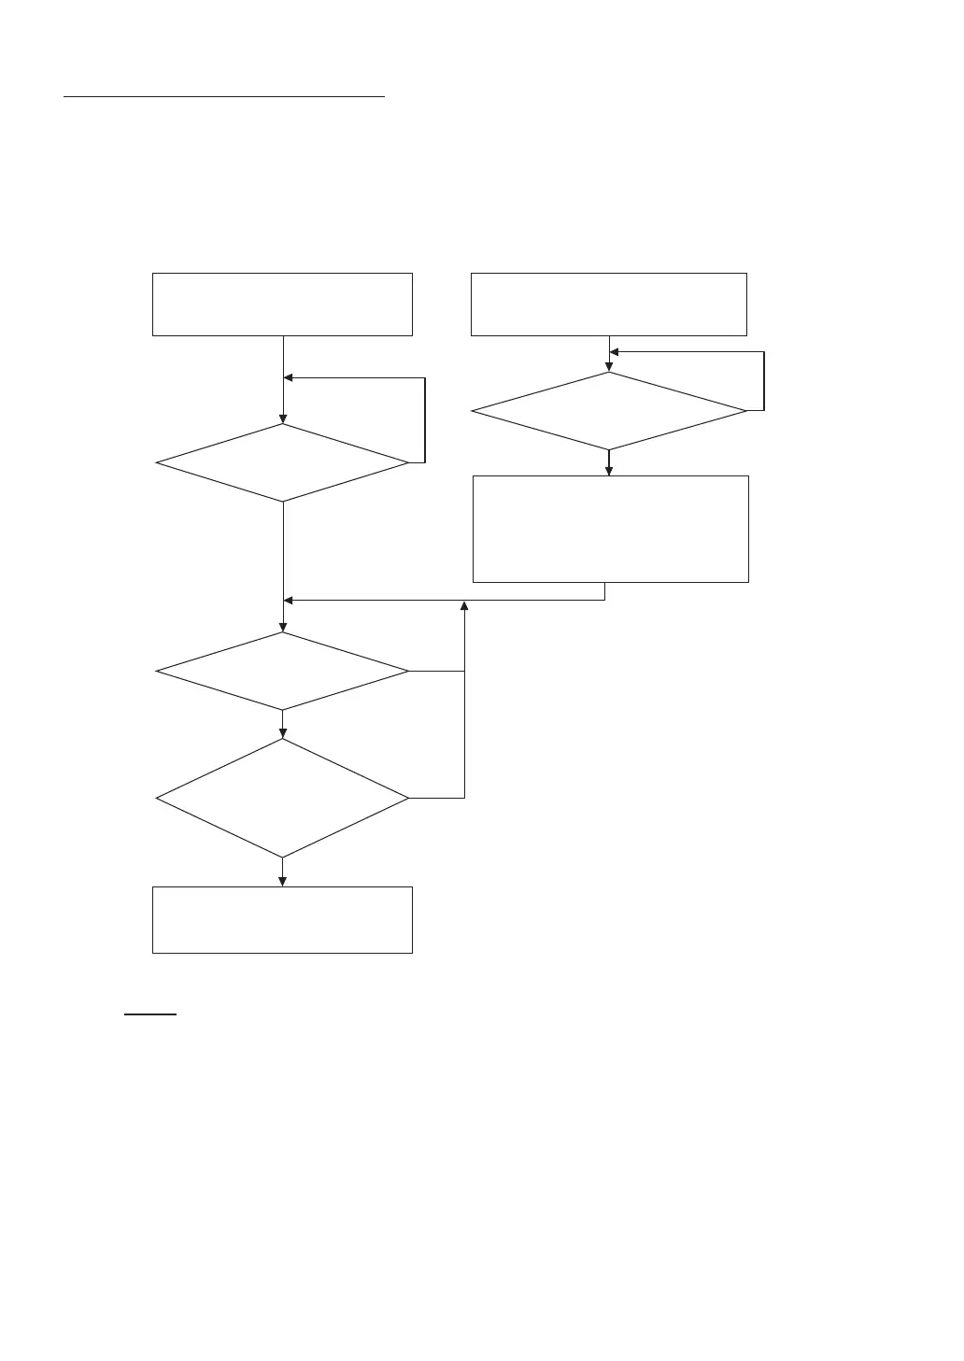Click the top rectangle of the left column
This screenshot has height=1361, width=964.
(282, 305)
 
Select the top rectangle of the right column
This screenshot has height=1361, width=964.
(608, 305)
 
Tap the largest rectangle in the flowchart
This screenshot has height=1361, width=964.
(611, 529)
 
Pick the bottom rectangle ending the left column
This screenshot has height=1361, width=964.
(282, 920)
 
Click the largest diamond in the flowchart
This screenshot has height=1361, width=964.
(282, 799)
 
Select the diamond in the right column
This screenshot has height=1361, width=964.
(609, 411)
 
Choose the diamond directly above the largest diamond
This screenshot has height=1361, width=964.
(282, 671)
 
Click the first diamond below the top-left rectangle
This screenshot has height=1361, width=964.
(282, 462)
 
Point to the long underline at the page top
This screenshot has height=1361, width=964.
(224, 95)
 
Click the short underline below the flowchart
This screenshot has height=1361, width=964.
(150, 1014)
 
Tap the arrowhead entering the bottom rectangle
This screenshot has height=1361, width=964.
(282, 881)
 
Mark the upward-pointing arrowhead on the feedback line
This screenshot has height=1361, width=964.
(464, 607)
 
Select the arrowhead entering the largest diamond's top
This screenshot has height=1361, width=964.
(282, 733)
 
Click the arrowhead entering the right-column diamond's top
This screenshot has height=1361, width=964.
(609, 367)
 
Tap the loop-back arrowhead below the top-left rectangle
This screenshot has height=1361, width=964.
(289, 378)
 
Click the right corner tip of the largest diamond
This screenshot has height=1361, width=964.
(408, 799)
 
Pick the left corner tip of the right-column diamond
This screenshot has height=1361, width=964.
(473, 411)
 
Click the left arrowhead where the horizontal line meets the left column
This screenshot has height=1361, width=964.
(289, 600)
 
